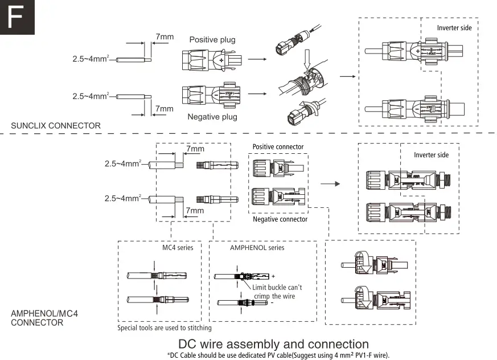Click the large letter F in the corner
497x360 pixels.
[17, 17]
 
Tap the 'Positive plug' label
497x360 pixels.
[212, 40]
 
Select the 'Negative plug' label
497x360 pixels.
[212, 117]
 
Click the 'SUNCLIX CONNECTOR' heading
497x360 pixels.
[56, 126]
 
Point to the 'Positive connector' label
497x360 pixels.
[278, 147]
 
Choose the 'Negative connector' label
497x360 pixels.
[280, 219]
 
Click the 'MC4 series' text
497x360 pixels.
[178, 248]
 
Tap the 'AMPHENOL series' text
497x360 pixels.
[257, 248]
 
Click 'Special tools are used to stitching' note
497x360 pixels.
[165, 328]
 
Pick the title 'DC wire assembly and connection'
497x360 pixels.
[273, 344]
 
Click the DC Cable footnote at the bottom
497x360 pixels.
[278, 355]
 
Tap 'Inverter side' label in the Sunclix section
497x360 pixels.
[454, 28]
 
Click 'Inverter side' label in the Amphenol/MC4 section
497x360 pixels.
[431, 155]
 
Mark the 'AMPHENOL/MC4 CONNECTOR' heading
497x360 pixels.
[37, 318]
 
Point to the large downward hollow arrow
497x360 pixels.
[307, 59]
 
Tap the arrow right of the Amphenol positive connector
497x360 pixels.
[330, 184]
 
